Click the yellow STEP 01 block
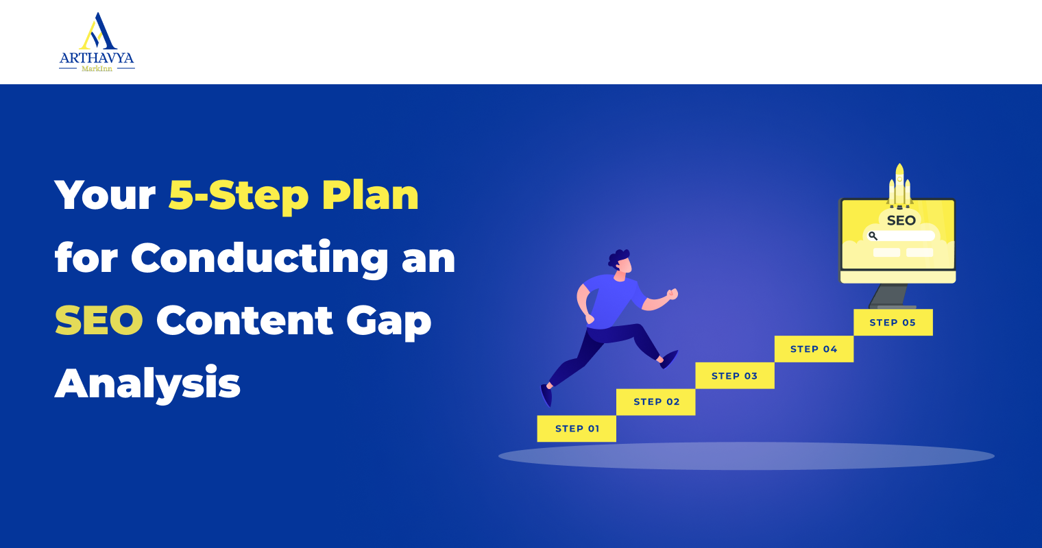tap(577, 429)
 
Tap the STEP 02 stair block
tap(656, 402)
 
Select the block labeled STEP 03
tap(735, 375)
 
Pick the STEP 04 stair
tap(814, 349)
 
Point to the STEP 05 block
tap(893, 323)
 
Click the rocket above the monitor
tap(899, 186)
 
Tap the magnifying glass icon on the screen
tap(873, 236)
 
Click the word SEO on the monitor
tap(901, 221)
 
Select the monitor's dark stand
tap(889, 296)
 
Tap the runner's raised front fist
tap(673, 294)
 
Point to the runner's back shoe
tap(546, 395)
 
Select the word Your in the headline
tap(105, 195)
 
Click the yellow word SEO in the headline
tap(99, 321)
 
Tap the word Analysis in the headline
tap(147, 384)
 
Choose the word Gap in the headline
tap(389, 322)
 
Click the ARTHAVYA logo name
tap(97, 58)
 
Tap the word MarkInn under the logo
tap(97, 68)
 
